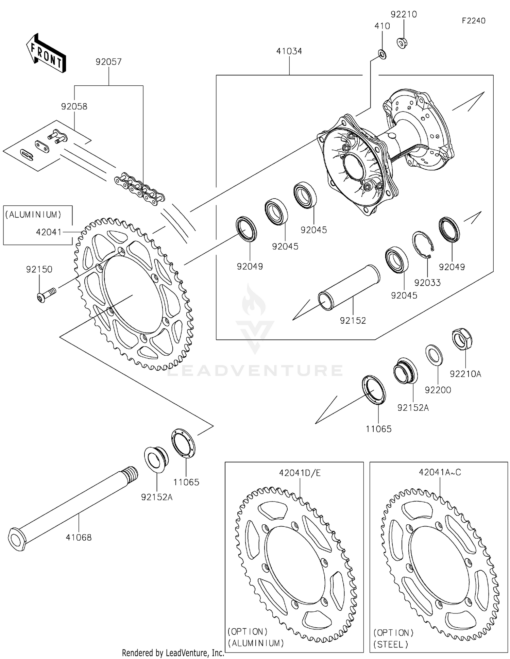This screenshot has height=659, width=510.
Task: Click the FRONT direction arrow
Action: tap(46, 54)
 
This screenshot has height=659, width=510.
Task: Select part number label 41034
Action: tap(289, 51)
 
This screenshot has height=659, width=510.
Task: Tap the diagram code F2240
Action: tap(473, 21)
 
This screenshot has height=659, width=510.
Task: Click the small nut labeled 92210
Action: tap(402, 43)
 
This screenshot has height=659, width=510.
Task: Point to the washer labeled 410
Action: tap(382, 54)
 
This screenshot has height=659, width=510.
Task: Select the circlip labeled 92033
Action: tap(423, 244)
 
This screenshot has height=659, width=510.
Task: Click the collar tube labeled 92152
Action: tap(349, 287)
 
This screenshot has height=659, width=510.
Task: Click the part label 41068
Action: tap(79, 538)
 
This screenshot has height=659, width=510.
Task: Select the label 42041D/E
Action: tap(300, 473)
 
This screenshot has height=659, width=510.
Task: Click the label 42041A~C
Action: tap(440, 472)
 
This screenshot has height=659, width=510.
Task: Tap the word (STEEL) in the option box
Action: tap(391, 644)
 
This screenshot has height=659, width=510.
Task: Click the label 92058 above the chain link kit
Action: tap(74, 106)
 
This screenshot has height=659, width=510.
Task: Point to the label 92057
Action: tap(108, 62)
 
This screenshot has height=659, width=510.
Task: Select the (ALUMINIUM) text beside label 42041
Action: tap(33, 215)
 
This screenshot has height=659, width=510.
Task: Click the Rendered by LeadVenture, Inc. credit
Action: tap(173, 653)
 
